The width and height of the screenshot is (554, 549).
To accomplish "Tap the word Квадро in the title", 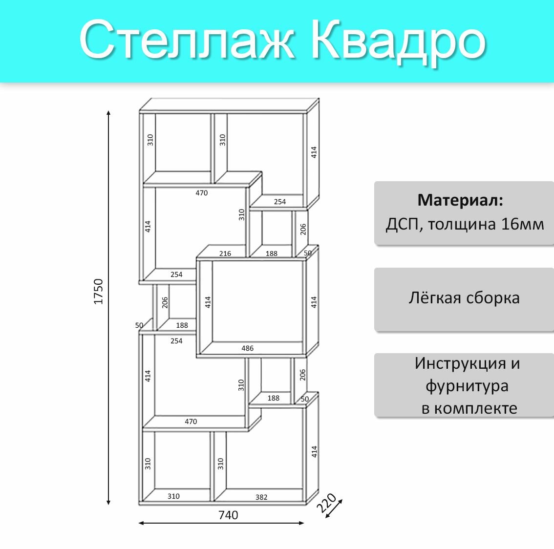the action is pyautogui.click(x=398, y=42).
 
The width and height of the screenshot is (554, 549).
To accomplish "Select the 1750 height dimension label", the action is pyautogui.click(x=98, y=292).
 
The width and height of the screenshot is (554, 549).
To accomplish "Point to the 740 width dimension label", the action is pyautogui.click(x=228, y=515).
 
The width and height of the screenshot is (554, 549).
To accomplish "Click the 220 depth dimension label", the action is pyautogui.click(x=326, y=503).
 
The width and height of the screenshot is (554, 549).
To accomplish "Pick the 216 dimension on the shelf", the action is pyautogui.click(x=225, y=253).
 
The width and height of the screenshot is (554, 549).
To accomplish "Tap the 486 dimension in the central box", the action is pyautogui.click(x=247, y=348).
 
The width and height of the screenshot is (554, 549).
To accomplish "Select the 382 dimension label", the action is pyautogui.click(x=261, y=497).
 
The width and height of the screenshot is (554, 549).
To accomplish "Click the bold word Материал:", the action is pyautogui.click(x=460, y=200).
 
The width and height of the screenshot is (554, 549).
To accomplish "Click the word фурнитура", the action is pyautogui.click(x=467, y=386).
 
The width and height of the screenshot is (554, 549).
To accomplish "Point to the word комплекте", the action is pyautogui.click(x=475, y=409).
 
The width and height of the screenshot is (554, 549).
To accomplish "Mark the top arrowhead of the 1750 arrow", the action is pyautogui.click(x=108, y=113).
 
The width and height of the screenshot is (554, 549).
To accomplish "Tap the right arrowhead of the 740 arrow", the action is pyautogui.click(x=301, y=523).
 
